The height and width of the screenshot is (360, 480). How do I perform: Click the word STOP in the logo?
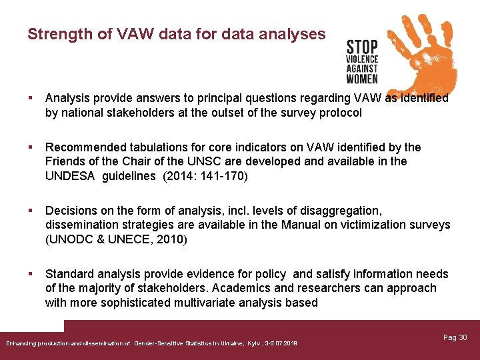pyautogui.click(x=362, y=48)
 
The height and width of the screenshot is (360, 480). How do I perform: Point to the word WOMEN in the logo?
pyautogui.click(x=362, y=79)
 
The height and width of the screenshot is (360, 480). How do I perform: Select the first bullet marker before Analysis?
pyautogui.click(x=30, y=98)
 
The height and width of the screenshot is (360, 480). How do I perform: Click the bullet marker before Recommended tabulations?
pyautogui.click(x=30, y=147)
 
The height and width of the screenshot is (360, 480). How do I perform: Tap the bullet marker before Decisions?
pyautogui.click(x=30, y=211)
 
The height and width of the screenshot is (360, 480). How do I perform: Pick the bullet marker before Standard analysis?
pyautogui.click(x=30, y=274)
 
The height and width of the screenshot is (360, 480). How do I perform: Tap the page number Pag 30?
pyautogui.click(x=455, y=338)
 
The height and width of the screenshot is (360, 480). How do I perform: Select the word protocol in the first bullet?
pyautogui.click(x=338, y=113)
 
